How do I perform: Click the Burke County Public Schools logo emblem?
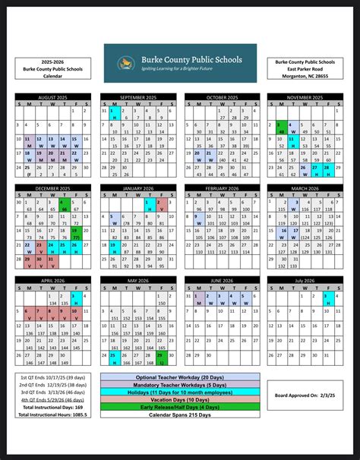pos(124,61)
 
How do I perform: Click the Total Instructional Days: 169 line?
pos(51,408)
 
